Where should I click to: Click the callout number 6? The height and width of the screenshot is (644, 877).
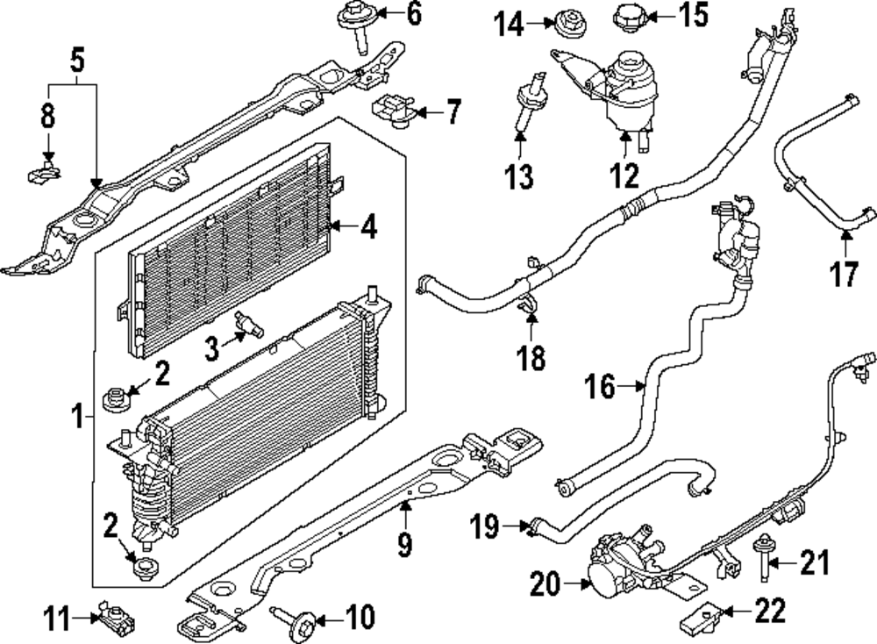[414, 13]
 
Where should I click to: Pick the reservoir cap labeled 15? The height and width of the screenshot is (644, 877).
[628, 16]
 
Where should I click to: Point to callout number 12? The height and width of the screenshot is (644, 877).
[624, 176]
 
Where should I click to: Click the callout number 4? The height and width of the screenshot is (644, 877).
[369, 230]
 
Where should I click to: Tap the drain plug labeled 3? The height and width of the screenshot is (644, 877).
[250, 326]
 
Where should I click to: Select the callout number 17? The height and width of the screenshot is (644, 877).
[845, 275]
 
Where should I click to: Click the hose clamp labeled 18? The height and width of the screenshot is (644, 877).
[529, 307]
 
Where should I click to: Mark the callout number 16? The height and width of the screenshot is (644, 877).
[600, 387]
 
